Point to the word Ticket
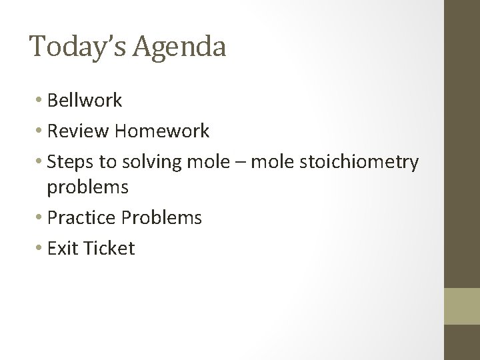pos(109,249)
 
